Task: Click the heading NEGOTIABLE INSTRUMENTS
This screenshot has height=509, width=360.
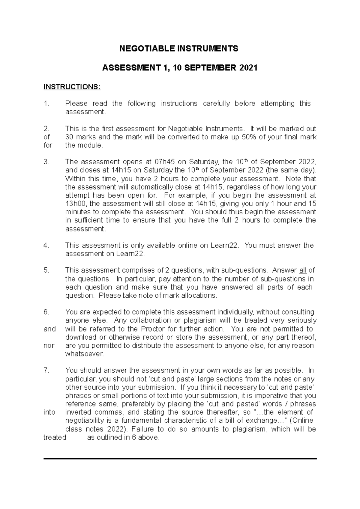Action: (179, 49)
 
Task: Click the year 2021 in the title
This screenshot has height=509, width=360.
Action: (248, 68)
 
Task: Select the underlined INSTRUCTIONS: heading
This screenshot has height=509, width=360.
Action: (72, 87)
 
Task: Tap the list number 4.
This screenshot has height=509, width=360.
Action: (46, 245)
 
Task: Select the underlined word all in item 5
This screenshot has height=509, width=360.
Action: (302, 270)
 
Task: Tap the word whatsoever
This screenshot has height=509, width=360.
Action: (84, 354)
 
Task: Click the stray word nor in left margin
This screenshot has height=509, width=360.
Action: (49, 345)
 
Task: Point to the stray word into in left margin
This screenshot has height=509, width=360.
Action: (49, 412)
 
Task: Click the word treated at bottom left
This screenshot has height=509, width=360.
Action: (55, 437)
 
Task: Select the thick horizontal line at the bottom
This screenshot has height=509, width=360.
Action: (180, 459)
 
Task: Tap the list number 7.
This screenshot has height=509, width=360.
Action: (46, 370)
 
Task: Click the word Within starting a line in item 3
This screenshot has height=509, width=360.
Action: (75, 179)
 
